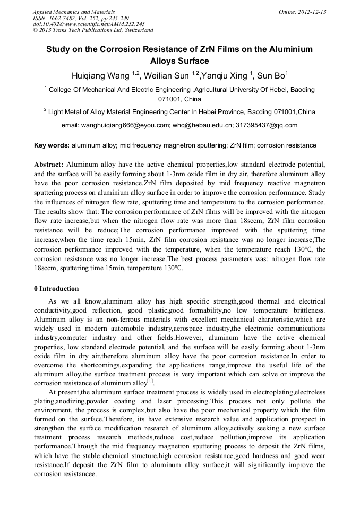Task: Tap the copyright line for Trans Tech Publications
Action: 93,31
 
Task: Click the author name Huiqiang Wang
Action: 101,75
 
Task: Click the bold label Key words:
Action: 52,145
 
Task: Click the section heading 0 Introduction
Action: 56,289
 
